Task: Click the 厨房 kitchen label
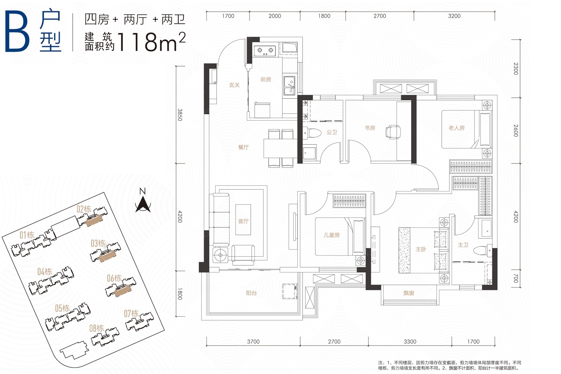pyautogui.click(x=265, y=79)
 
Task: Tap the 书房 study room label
pyautogui.click(x=370, y=128)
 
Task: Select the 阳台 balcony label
pyautogui.click(x=251, y=293)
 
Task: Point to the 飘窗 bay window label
pyautogui.click(x=409, y=293)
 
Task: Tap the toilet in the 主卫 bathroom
pyautogui.click(x=482, y=250)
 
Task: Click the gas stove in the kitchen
pyautogui.click(x=265, y=51)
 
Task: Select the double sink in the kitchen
pyautogui.click(x=289, y=86)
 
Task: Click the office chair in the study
pyautogui.click(x=393, y=132)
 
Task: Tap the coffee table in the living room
pyautogui.click(x=243, y=220)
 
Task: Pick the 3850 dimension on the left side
pyautogui.click(x=180, y=115)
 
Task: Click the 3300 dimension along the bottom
pyautogui.click(x=410, y=342)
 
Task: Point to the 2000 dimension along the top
pyautogui.click(x=275, y=16)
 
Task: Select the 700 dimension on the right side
pyautogui.click(x=515, y=278)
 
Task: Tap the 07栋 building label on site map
pyautogui.click(x=131, y=313)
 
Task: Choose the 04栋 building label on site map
pyautogui.click(x=44, y=271)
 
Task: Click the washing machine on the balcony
pyautogui.click(x=290, y=291)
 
